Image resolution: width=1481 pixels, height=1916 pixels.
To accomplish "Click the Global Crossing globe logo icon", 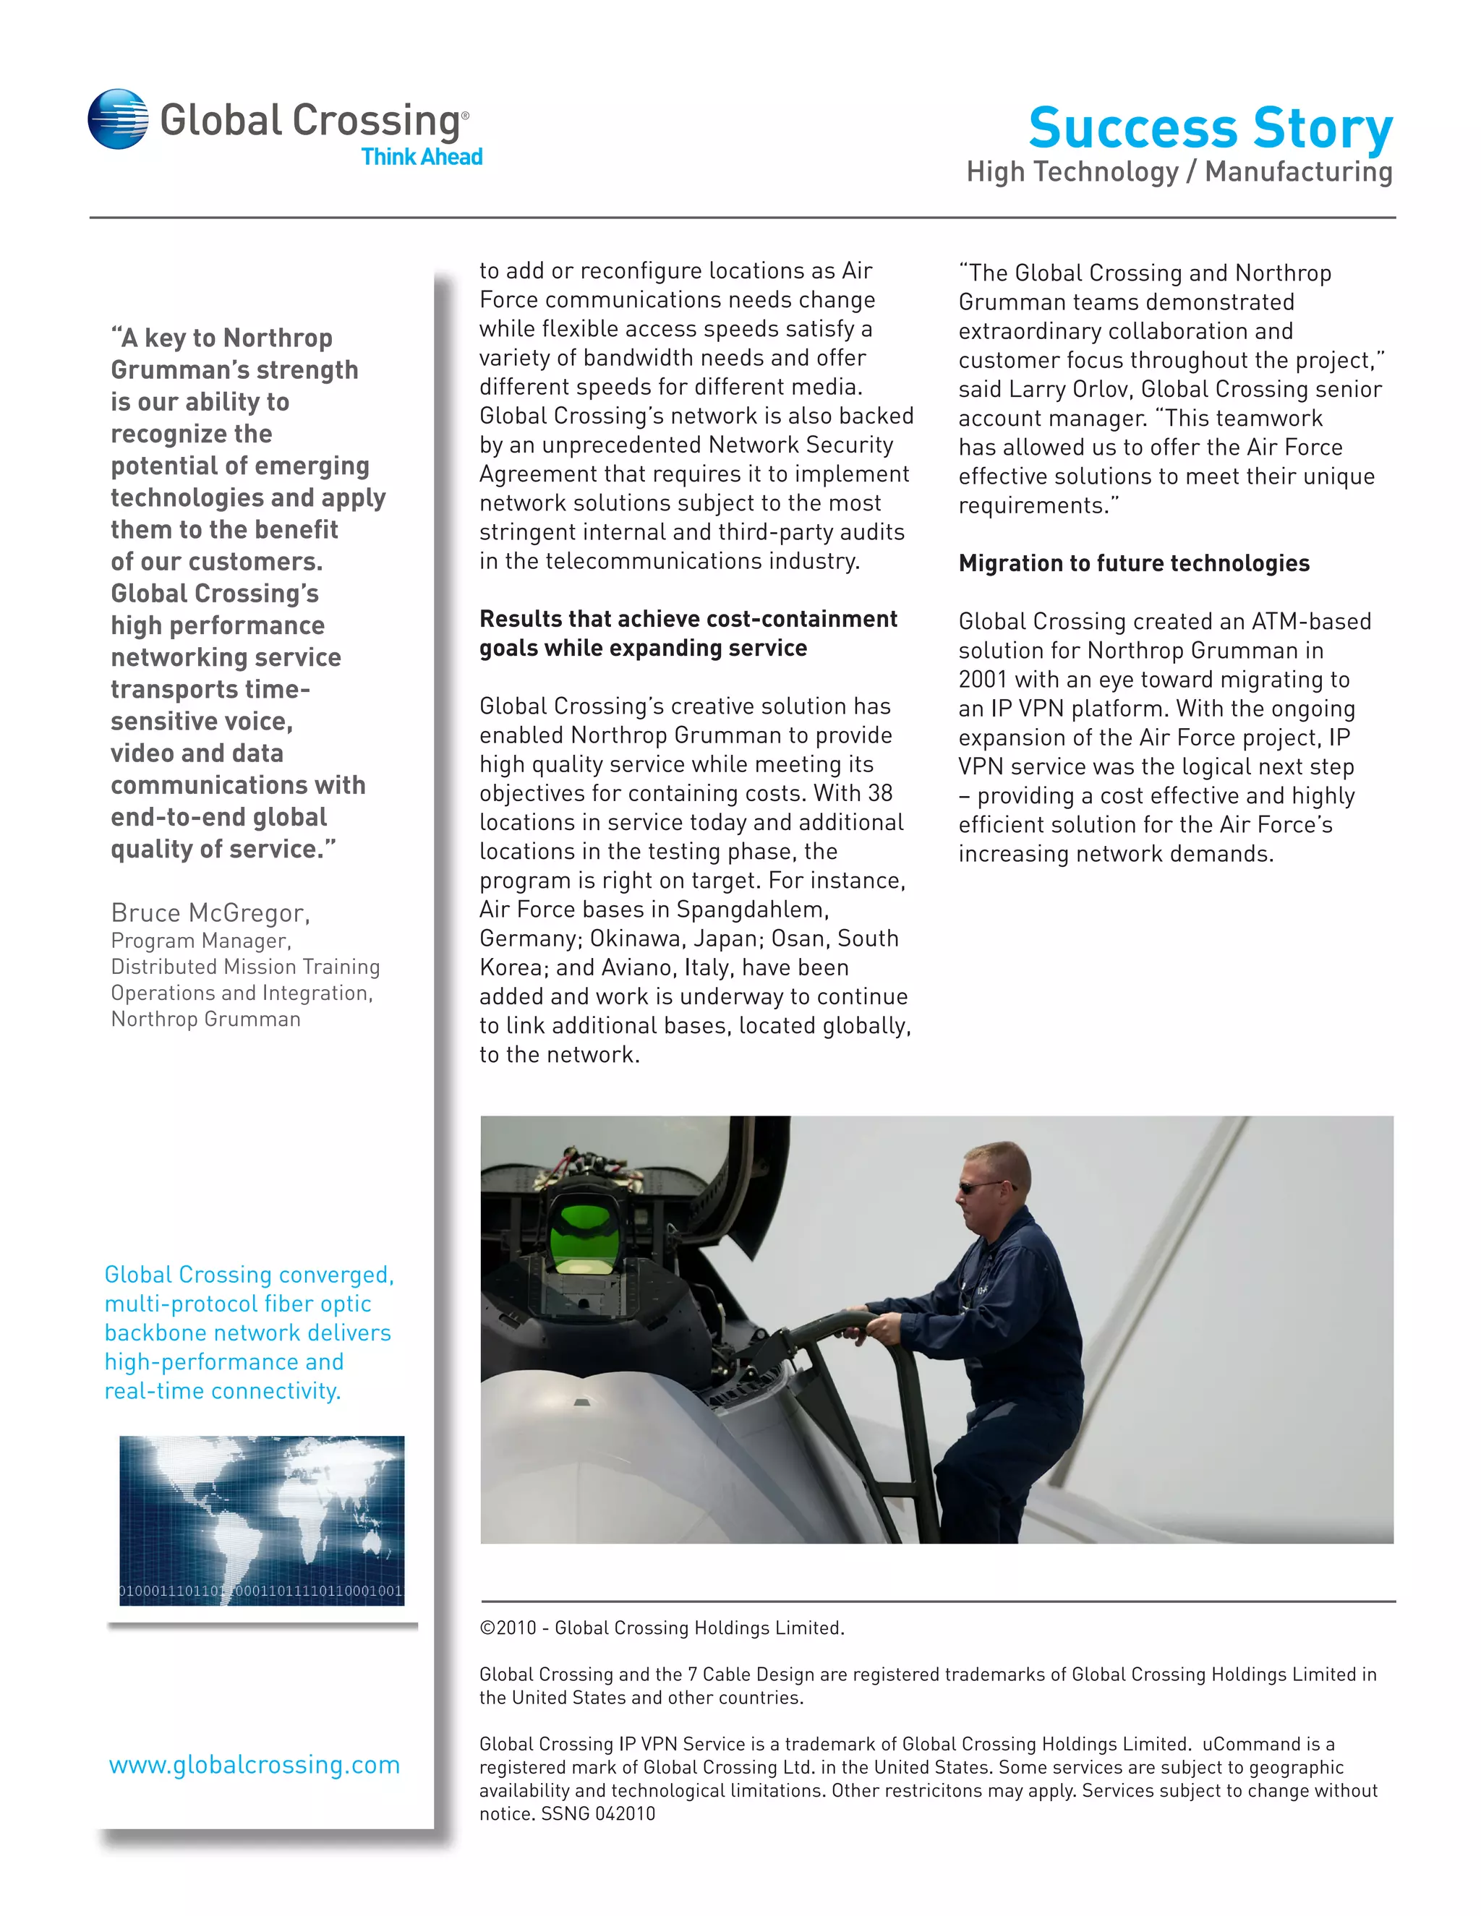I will (118, 119).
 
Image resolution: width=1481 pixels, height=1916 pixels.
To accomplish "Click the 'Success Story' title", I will (1210, 128).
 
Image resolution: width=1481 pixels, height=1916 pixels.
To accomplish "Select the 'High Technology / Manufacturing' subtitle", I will (1179, 172).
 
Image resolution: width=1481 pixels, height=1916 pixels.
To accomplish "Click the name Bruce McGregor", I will (210, 912).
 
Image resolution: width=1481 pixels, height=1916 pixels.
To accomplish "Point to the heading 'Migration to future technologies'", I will (1134, 563).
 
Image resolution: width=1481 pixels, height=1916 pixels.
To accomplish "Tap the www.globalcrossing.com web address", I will (255, 1764).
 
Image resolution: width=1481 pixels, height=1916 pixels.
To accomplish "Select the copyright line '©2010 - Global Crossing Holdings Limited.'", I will (662, 1628).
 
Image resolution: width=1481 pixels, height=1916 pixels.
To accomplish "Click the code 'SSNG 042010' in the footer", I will (597, 1813).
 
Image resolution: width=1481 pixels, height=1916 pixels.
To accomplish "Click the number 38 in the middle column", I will (879, 793).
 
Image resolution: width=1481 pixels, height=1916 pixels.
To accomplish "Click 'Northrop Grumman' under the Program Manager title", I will (205, 1019).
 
